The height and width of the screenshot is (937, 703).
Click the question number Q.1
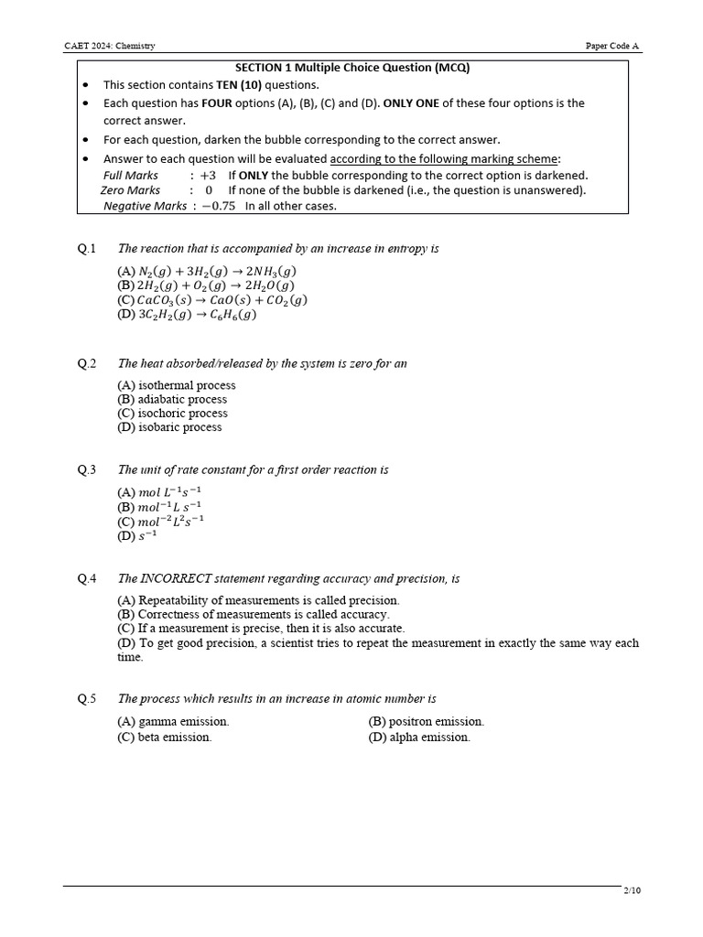[x=87, y=249]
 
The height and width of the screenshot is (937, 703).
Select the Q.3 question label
[x=87, y=469]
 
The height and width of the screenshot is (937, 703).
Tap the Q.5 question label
[x=87, y=699]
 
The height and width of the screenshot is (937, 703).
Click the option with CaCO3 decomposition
[x=212, y=300]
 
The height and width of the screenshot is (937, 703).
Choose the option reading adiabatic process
[x=172, y=400]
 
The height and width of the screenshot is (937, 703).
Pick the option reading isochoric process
[x=172, y=414]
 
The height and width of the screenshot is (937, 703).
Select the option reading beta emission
[x=164, y=738]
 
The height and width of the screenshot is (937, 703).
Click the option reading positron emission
[x=426, y=722]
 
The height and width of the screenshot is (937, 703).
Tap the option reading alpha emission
[x=419, y=738]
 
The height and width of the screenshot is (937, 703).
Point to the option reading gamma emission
[x=173, y=722]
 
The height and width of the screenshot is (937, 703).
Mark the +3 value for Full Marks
[x=208, y=176]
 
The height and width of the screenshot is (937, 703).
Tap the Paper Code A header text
[x=613, y=46]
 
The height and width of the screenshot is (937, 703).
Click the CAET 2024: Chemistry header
[x=109, y=46]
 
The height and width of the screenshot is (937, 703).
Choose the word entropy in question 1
[x=408, y=249]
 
